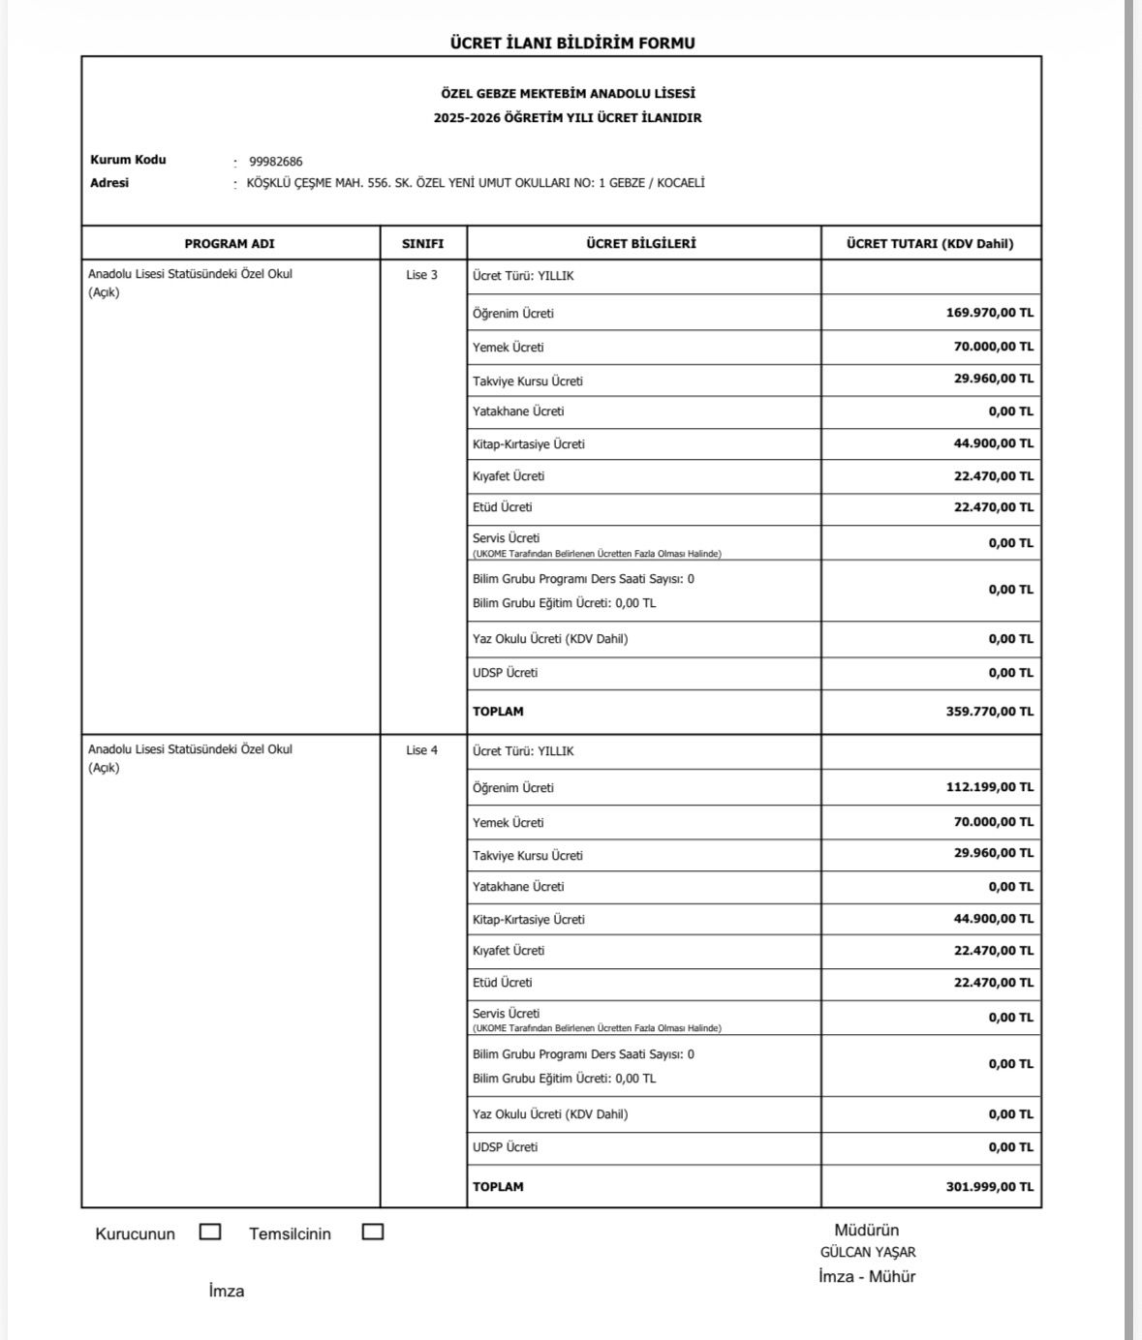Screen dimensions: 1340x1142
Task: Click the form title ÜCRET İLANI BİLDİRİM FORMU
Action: pos(572,43)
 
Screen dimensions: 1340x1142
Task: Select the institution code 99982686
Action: pos(276,162)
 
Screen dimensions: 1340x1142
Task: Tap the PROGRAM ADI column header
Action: pos(230,244)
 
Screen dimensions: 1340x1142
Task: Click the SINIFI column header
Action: pos(422,244)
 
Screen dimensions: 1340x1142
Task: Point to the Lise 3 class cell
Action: pos(421,275)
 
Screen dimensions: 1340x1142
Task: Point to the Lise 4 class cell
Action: pos(421,750)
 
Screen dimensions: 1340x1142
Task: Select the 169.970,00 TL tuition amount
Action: pos(989,313)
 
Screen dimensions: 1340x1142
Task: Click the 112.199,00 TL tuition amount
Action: pos(989,787)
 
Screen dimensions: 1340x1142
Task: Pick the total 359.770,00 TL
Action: pos(989,712)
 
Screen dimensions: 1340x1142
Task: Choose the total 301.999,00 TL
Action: pos(989,1187)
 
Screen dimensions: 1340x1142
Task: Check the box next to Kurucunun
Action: pos(210,1232)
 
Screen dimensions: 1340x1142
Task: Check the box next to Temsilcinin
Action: pos(373,1232)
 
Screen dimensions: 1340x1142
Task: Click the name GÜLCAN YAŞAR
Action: pos(868,1252)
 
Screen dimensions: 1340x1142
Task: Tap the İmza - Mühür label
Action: pos(867,1276)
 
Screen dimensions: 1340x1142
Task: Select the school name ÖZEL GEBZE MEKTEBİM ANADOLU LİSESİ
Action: pos(568,94)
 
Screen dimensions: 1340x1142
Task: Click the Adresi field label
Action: pos(109,183)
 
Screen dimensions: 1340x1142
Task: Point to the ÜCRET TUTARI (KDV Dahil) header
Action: pos(930,244)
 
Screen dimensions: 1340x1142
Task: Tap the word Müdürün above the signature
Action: pos(867,1231)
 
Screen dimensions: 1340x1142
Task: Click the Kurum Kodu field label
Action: pos(128,160)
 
